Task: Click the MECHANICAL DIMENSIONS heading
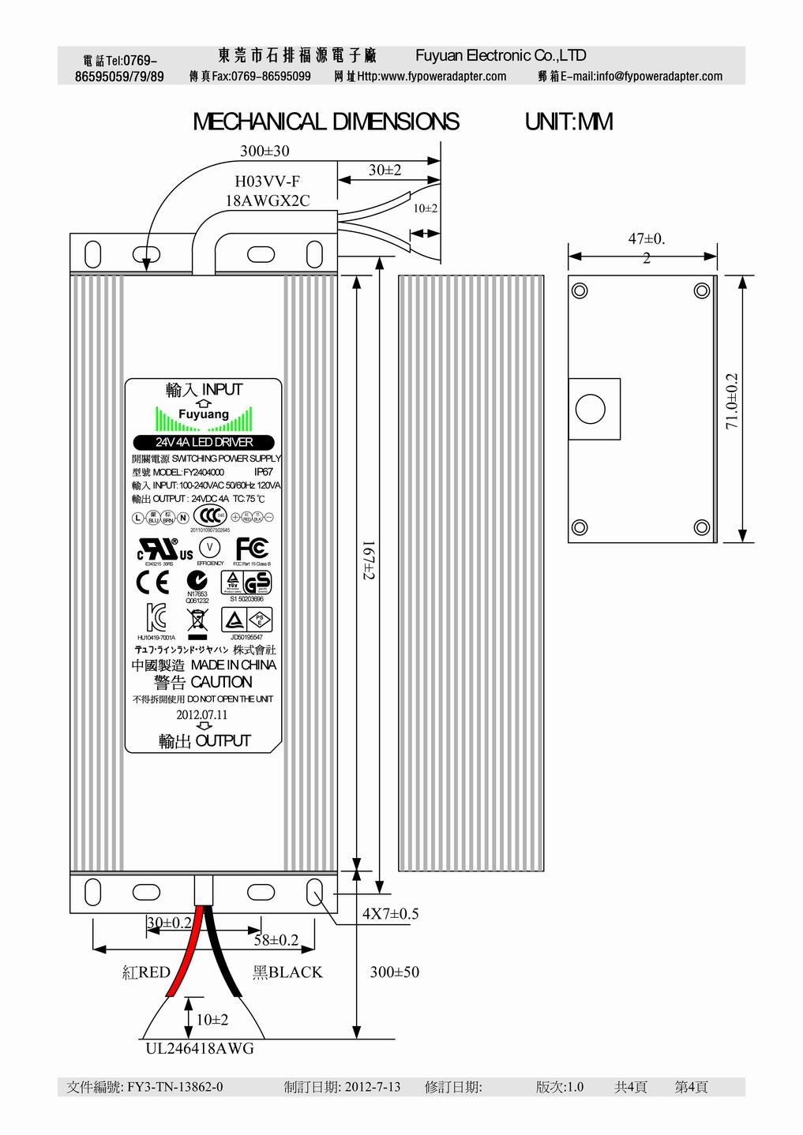(x=325, y=122)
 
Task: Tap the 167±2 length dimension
(x=368, y=559)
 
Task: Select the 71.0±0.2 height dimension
(x=732, y=400)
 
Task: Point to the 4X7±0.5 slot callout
(x=390, y=914)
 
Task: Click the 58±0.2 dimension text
(x=276, y=939)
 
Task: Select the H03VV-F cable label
(x=268, y=182)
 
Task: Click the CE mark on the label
(x=152, y=582)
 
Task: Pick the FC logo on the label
(x=252, y=548)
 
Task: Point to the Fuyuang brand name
(x=203, y=414)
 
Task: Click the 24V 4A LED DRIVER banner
(x=204, y=442)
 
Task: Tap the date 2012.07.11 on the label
(x=201, y=714)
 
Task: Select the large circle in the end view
(x=591, y=410)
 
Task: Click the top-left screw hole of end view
(x=580, y=290)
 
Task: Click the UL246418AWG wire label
(x=200, y=1049)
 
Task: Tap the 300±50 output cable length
(x=394, y=972)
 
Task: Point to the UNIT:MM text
(x=568, y=122)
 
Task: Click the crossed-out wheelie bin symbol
(x=197, y=619)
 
